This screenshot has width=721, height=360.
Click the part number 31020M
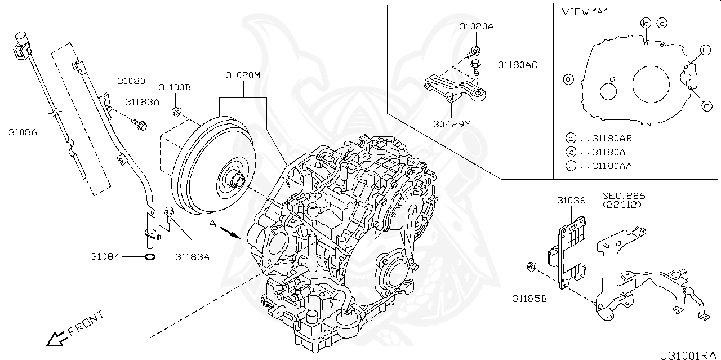click(x=243, y=75)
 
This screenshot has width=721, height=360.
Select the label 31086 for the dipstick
click(x=23, y=132)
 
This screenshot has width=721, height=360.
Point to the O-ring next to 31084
click(x=150, y=257)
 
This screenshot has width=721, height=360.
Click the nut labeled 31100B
click(x=175, y=110)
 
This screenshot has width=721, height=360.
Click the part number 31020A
click(x=476, y=26)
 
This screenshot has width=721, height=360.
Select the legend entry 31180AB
click(x=612, y=137)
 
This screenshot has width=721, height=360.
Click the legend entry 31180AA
click(x=612, y=166)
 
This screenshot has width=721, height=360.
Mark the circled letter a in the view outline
click(x=568, y=79)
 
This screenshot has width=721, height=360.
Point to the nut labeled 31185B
click(x=531, y=266)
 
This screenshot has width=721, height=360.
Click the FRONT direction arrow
click(x=55, y=338)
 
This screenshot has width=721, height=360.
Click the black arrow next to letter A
click(x=230, y=232)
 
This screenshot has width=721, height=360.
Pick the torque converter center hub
click(x=237, y=181)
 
